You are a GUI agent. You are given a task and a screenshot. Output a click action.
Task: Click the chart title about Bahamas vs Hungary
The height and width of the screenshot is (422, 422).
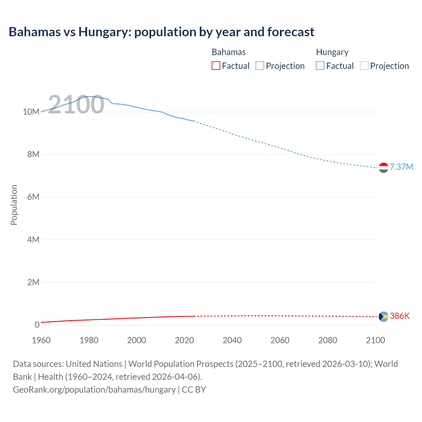click(162, 32)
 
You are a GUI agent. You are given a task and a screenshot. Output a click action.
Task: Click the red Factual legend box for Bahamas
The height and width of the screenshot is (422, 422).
click(216, 66)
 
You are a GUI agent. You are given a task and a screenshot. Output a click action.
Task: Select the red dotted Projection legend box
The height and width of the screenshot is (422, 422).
click(260, 66)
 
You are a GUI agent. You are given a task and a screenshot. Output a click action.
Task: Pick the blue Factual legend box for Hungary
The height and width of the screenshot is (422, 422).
click(320, 66)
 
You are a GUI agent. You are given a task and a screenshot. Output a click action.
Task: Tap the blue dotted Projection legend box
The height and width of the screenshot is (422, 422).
click(364, 66)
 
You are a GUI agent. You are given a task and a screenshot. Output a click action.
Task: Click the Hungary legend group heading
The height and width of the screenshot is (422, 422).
click(332, 52)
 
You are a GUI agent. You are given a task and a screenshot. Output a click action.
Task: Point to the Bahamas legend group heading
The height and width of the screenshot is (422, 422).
click(228, 52)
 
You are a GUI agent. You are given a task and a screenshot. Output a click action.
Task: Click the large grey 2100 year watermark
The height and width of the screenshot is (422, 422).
click(76, 105)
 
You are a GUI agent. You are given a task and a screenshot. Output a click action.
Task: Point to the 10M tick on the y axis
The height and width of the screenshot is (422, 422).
click(31, 112)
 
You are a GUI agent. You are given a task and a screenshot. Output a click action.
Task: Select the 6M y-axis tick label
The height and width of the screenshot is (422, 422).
click(33, 197)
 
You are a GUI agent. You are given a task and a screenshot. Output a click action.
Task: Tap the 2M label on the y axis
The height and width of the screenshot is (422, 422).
click(33, 282)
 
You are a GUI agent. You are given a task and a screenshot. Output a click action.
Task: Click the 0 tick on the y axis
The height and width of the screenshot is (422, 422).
click(37, 325)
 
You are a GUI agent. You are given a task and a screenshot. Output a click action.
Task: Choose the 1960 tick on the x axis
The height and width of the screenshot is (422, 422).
click(41, 340)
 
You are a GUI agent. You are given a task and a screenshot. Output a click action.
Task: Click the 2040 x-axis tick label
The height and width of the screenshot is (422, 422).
click(232, 340)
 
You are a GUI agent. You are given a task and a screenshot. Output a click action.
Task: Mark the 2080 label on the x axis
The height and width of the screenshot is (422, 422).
click(328, 340)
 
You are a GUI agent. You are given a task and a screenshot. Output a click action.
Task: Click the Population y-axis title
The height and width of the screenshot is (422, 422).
click(14, 205)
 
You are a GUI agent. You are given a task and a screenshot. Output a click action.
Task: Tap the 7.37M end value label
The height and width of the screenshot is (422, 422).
click(401, 167)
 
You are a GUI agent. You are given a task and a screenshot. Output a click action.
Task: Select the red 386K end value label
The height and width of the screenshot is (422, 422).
click(400, 316)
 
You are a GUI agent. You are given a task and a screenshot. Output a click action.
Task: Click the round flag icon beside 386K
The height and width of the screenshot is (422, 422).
click(383, 316)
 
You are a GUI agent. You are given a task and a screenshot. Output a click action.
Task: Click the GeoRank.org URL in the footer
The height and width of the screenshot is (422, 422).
click(94, 389)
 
